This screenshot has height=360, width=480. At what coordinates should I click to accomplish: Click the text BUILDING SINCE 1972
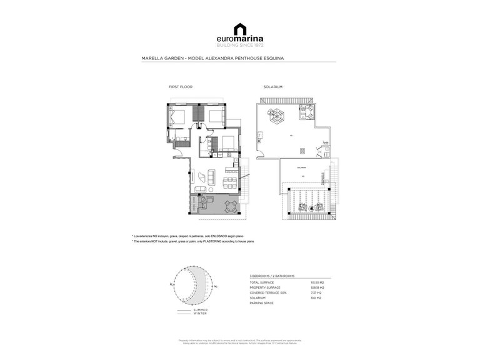click(x=240, y=46)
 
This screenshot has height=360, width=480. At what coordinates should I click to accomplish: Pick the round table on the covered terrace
click(x=231, y=207)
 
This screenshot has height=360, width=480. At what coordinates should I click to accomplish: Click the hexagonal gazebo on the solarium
click(x=276, y=115)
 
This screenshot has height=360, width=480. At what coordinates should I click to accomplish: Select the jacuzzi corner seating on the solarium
click(x=307, y=112)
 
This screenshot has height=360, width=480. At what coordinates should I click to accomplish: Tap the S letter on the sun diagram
click(x=214, y=287)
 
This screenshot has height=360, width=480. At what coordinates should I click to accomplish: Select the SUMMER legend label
click(x=200, y=310)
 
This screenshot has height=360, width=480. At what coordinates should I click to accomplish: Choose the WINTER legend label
click(x=199, y=314)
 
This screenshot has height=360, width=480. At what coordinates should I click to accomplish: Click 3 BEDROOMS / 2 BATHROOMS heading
click(x=272, y=276)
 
